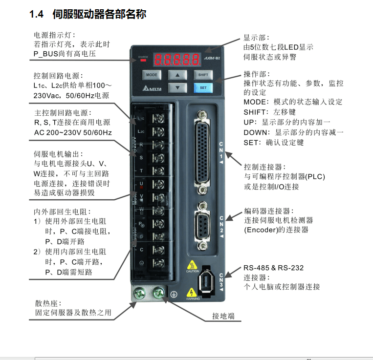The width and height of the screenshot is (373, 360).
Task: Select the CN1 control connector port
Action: click(201, 151)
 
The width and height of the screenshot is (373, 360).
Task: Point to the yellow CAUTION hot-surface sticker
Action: click(193, 266)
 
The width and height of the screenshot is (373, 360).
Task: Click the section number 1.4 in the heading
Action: click(37, 15)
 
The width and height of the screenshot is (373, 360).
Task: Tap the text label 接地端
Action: click(223, 316)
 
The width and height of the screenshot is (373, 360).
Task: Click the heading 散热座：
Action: click(47, 303)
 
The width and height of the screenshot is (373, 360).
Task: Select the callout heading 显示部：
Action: click(256, 38)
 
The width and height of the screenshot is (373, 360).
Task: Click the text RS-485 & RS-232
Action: click(273, 268)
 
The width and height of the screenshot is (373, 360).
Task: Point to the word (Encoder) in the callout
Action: click(260, 230)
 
